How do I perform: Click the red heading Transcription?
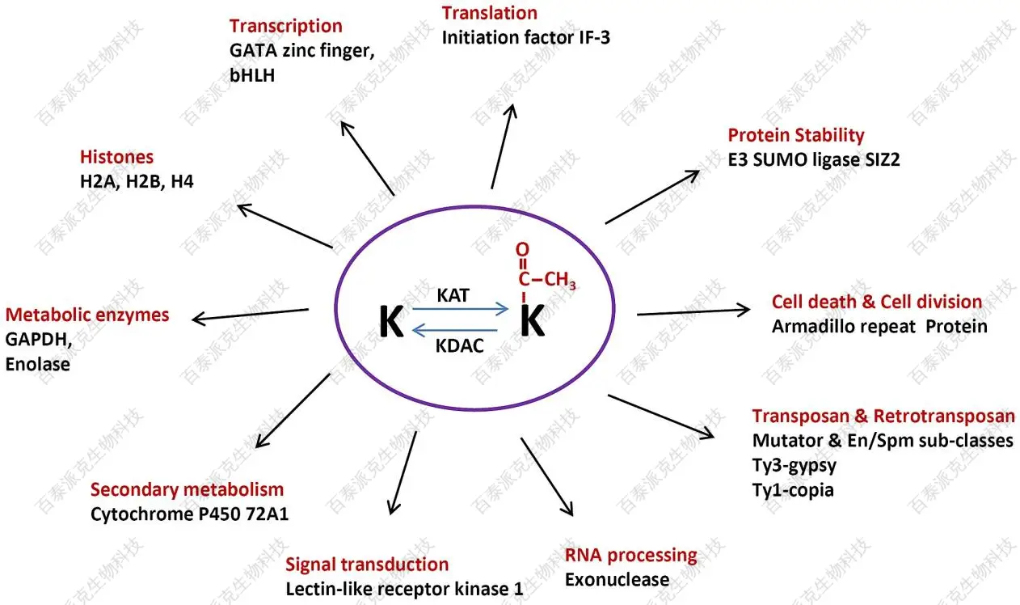point(285,27)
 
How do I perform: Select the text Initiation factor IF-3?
point(525,36)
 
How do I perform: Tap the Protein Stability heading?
point(795,135)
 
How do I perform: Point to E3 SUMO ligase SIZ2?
point(813,159)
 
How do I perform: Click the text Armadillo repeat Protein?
point(879,327)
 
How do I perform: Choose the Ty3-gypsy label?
point(795,466)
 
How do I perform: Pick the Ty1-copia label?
point(793,490)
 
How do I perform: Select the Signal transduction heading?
point(367,565)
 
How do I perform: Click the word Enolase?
point(37,365)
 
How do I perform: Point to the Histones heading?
point(116,157)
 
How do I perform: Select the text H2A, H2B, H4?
point(137,182)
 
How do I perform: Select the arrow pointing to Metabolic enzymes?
point(251,314)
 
